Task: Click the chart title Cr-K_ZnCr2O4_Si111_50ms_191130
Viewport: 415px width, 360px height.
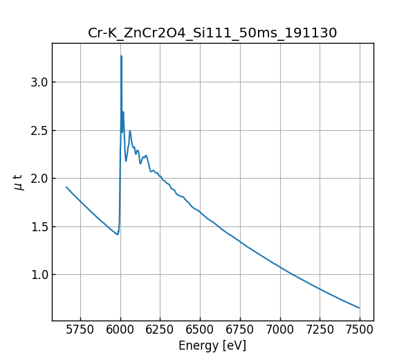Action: [212, 33]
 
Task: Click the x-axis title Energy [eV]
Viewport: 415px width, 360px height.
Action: [212, 345]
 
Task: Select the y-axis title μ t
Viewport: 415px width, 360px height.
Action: [19, 182]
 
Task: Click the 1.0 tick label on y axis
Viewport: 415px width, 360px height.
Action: [38, 275]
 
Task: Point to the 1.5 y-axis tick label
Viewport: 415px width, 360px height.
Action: [38, 226]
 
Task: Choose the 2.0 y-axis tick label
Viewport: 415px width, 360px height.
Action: [38, 179]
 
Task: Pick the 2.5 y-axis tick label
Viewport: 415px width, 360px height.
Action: [38, 130]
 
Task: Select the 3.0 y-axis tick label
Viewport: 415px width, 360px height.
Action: [38, 82]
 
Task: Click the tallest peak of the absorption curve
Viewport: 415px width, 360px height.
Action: [121, 56]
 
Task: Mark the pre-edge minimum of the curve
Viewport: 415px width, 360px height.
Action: [118, 235]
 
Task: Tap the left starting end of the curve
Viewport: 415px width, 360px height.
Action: [66, 187]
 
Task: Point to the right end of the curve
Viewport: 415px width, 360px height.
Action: [359, 308]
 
